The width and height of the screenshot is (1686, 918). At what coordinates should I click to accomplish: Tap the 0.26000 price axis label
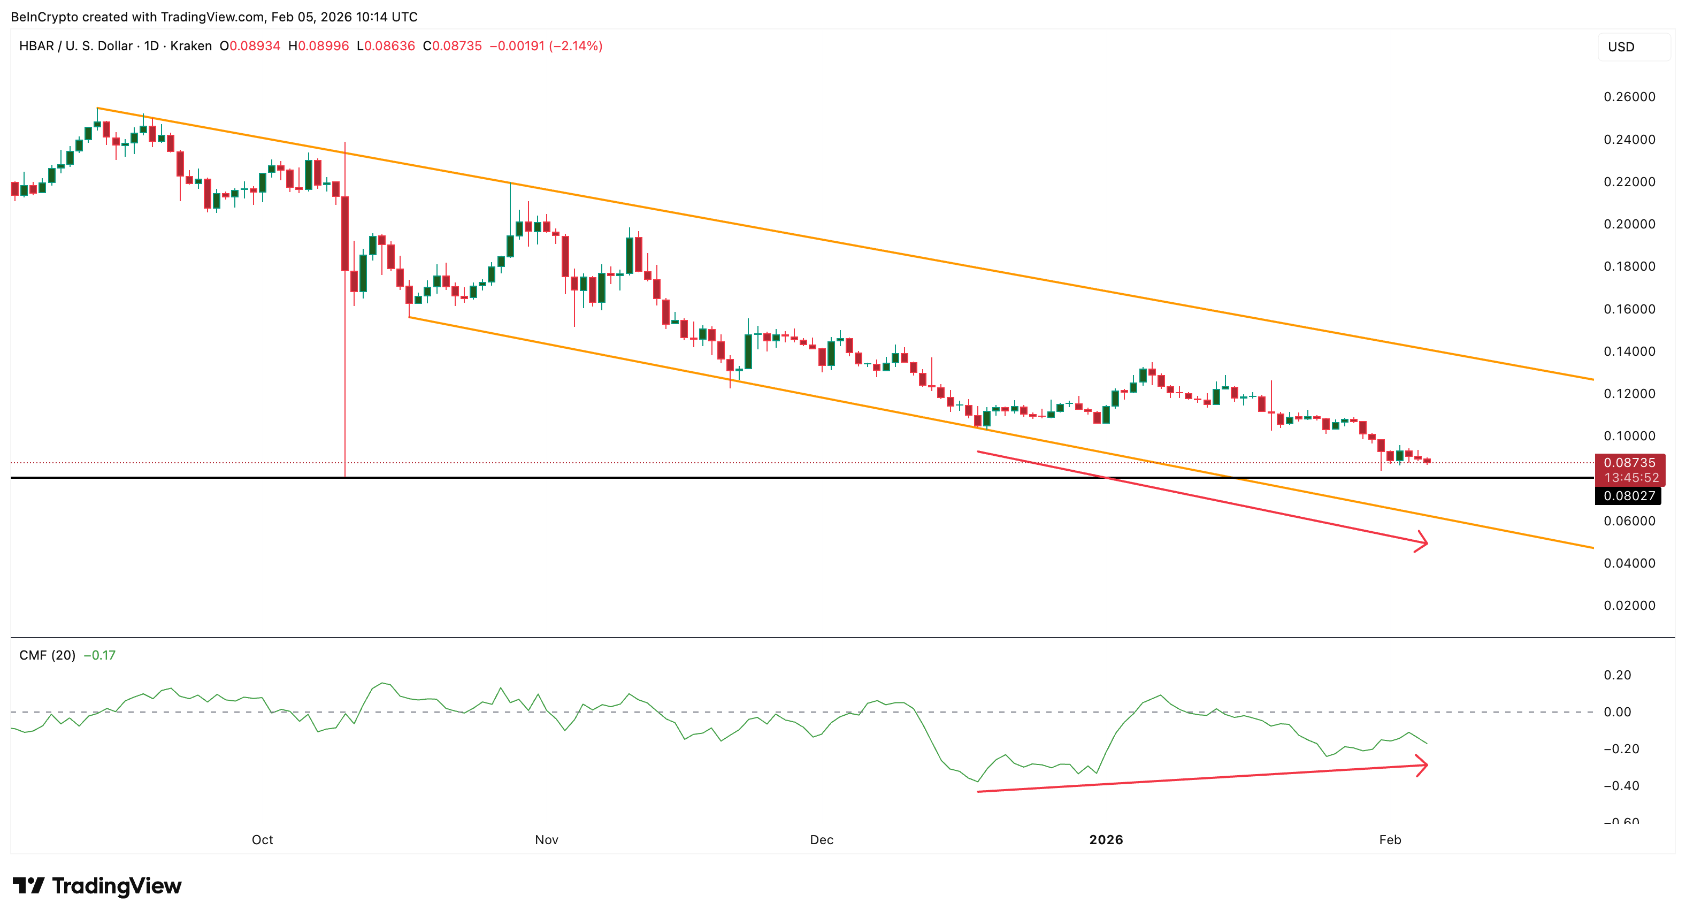pyautogui.click(x=1629, y=97)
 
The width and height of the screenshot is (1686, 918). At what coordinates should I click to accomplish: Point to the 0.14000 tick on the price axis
pyautogui.click(x=1629, y=351)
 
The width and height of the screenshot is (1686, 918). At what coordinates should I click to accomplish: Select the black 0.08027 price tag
pyautogui.click(x=1628, y=496)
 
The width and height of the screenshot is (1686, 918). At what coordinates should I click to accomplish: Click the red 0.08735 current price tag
pyautogui.click(x=1630, y=463)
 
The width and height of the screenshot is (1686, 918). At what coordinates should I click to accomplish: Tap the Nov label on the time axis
pyautogui.click(x=547, y=840)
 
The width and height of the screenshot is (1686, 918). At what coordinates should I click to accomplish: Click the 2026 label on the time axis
pyautogui.click(x=1106, y=840)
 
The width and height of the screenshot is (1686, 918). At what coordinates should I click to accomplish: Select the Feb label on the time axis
pyautogui.click(x=1390, y=840)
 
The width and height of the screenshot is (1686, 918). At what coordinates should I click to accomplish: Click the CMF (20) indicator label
pyautogui.click(x=47, y=655)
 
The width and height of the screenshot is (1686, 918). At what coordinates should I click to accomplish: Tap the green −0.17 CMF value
pyautogui.click(x=99, y=655)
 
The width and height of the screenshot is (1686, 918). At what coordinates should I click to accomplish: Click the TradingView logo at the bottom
pyautogui.click(x=97, y=886)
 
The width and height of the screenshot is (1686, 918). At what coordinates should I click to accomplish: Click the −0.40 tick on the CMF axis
pyautogui.click(x=1621, y=786)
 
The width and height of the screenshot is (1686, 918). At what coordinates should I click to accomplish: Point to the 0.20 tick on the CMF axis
pyautogui.click(x=1618, y=675)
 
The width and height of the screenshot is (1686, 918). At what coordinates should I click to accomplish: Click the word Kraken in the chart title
pyautogui.click(x=191, y=46)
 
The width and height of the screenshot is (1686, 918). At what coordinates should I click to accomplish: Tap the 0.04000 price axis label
pyautogui.click(x=1629, y=563)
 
